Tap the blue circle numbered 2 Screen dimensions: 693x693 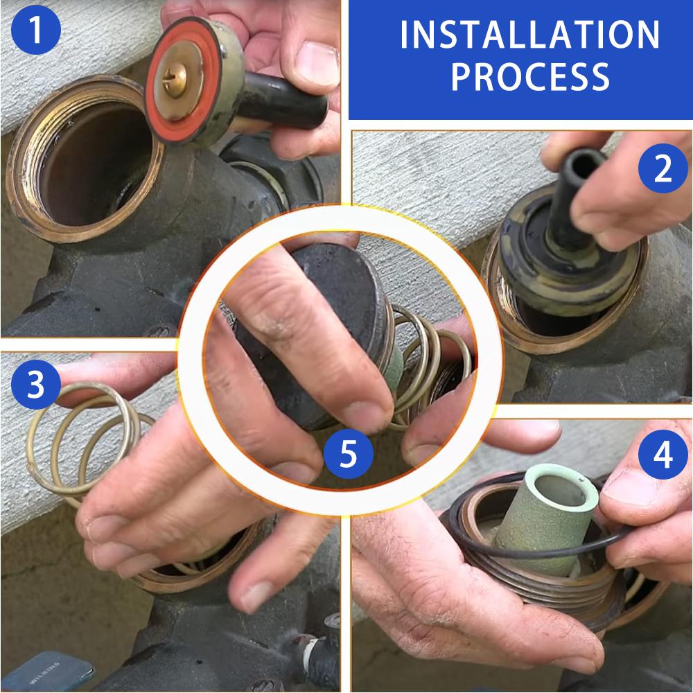[x=663, y=168]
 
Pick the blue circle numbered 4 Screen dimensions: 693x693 [x=663, y=455]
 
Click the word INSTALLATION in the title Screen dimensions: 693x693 [x=530, y=35]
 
